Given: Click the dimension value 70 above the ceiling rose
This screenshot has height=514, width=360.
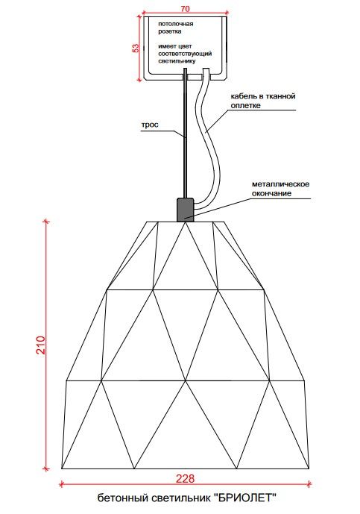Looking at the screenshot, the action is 185,9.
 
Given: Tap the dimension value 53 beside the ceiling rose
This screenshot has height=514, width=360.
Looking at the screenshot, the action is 136,48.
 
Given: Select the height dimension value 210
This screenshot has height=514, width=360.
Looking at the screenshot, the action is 41,345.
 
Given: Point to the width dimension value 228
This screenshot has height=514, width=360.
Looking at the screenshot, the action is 185,479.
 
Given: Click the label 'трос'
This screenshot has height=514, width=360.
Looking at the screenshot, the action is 150,125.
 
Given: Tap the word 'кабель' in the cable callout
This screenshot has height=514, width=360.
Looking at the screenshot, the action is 241,96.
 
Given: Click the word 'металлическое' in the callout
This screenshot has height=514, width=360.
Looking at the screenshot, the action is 280,184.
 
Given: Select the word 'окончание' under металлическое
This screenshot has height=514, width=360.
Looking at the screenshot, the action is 271,193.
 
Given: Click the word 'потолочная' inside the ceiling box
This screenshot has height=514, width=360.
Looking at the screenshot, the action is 176,24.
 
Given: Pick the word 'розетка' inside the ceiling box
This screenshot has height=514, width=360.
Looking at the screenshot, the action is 170,31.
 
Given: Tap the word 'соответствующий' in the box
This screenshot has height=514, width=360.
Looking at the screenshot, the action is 185,54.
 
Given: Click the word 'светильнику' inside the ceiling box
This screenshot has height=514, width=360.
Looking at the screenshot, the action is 177,61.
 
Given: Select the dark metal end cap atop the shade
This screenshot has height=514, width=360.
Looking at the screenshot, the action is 185,210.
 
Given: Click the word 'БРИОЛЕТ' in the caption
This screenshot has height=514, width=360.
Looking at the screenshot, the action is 245,498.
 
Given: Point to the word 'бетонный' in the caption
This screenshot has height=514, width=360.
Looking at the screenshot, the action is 123,498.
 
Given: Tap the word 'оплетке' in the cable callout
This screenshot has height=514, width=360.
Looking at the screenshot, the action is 246,105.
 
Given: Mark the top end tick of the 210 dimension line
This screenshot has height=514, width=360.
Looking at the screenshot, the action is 46,222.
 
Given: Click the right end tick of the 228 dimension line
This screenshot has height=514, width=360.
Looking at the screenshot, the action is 309,484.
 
